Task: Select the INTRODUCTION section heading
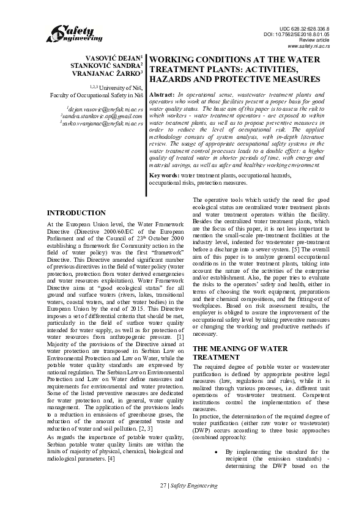click(76, 213)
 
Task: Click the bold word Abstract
click(162, 96)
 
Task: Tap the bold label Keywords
click(165, 175)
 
